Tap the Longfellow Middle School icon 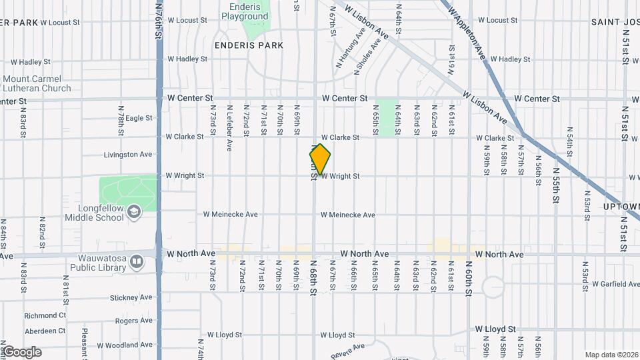[x=134, y=211]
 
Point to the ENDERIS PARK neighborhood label [x=249, y=45]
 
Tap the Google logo [x=21, y=352]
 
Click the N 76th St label [x=159, y=20]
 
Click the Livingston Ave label [x=128, y=155]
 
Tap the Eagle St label [x=139, y=118]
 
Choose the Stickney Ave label [x=133, y=297]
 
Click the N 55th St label [x=555, y=190]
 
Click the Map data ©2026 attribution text [x=611, y=355]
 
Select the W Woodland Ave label [x=127, y=345]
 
